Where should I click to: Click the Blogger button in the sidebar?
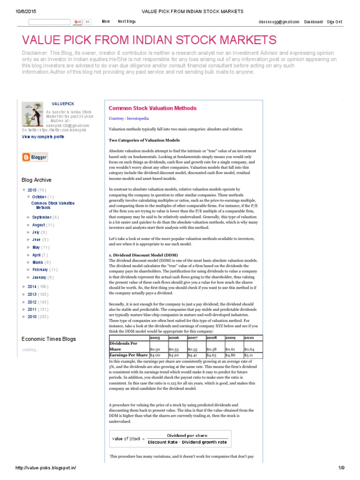click(35, 157)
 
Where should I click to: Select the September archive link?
click(42, 217)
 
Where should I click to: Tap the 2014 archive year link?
click(32, 286)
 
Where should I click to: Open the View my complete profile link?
click(43, 137)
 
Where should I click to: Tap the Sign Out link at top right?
click(334, 22)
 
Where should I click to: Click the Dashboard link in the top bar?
click(313, 22)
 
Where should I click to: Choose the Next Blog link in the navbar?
click(126, 22)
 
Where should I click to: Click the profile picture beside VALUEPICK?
click(32, 114)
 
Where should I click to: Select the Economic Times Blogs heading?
click(49, 339)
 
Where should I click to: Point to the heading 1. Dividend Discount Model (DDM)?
click(143, 255)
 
